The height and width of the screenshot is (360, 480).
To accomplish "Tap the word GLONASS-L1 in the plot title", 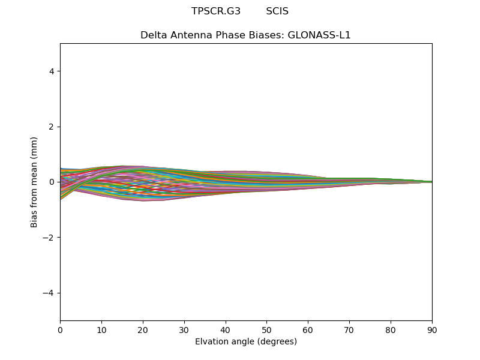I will click(x=319, y=35).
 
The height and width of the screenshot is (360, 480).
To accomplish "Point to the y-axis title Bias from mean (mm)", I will click(x=35, y=182).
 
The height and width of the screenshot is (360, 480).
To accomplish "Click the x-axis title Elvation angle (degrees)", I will click(x=246, y=342).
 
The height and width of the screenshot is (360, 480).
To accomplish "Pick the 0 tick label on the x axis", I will click(x=60, y=329).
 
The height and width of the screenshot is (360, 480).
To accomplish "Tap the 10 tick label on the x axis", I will click(x=101, y=329).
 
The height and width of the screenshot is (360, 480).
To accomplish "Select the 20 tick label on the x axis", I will click(x=143, y=329).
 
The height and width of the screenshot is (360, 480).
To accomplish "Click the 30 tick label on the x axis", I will click(x=184, y=329).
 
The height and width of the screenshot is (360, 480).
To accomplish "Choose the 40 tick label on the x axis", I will click(x=226, y=329).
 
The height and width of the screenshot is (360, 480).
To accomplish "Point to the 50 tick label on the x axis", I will click(x=266, y=329).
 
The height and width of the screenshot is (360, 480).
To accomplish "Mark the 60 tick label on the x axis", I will click(x=308, y=329).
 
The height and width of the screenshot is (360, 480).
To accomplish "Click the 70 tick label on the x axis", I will click(x=349, y=329).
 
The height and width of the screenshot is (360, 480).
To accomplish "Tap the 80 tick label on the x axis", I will click(x=391, y=329).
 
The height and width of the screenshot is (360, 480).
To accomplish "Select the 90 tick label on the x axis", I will click(x=432, y=329).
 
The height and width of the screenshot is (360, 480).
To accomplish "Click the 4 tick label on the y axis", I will click(x=52, y=71).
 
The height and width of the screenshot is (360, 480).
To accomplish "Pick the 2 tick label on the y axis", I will click(x=52, y=127).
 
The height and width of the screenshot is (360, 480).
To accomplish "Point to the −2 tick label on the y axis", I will click(x=50, y=238).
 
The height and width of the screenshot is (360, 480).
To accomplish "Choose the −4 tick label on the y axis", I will click(x=50, y=293).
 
